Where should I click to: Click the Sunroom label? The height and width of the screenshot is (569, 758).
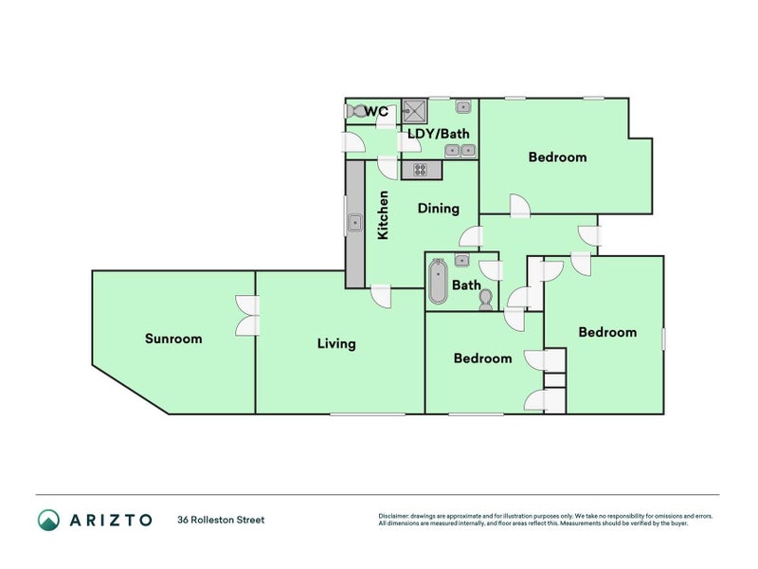tap(173, 339)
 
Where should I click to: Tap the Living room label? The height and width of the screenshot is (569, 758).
tap(336, 343)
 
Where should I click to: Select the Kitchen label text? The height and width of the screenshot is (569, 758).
tap(384, 215)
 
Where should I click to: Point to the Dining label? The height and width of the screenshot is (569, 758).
tap(438, 209)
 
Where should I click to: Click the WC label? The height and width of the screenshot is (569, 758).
tap(376, 112)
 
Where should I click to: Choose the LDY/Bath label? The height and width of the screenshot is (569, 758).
tap(439, 134)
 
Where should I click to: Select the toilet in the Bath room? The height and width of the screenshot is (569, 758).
tap(486, 300)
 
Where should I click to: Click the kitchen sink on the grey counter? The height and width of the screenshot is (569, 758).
tap(354, 225)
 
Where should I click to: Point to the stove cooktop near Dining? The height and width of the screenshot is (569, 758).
tap(419, 171)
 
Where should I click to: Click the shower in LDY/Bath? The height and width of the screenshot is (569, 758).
tap(415, 109)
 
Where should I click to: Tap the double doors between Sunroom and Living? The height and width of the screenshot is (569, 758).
tap(247, 316)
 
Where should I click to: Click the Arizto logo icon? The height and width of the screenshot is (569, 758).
tap(48, 519)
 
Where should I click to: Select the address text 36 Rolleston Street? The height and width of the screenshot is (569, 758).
tap(221, 520)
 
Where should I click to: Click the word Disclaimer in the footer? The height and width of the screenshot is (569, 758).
tap(395, 516)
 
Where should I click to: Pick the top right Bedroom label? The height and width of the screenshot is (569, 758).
tap(557, 157)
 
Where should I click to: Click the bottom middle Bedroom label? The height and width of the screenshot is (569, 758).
tap(482, 358)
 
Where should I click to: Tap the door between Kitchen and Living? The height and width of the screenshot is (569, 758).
tap(381, 295)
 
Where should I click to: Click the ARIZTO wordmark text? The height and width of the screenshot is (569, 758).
tap(109, 520)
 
